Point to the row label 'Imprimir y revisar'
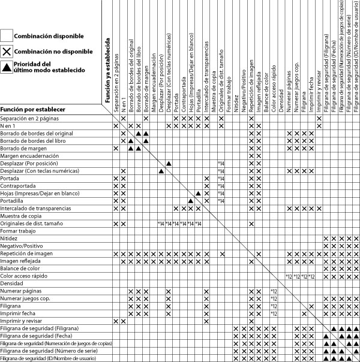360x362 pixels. pyautogui.click(x=22, y=321)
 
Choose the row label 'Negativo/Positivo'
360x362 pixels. pyautogui.click(x=23, y=246)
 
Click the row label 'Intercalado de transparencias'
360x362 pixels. pyautogui.click(x=36, y=209)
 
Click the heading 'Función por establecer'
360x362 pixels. pyautogui.click(x=33, y=110)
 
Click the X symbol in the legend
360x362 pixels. pyautogui.click(x=7, y=52)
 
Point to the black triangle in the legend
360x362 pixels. pyautogui.click(x=7, y=67)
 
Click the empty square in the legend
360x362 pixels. pyautogui.click(x=7, y=37)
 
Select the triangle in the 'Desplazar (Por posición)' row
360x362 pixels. pyautogui.click(x=169, y=164)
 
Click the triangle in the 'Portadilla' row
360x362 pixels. pyautogui.click(x=191, y=201)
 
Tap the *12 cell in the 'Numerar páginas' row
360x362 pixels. pyautogui.click(x=274, y=291)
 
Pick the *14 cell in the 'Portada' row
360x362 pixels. pyautogui.click(x=221, y=179)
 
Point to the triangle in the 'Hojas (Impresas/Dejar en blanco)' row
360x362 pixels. pyautogui.click(x=199, y=194)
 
